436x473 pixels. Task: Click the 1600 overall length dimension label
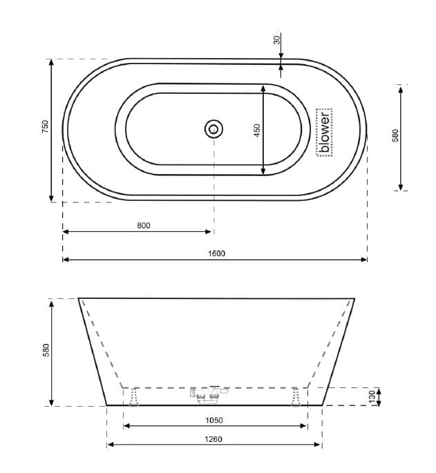[216, 253]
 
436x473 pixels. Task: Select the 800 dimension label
[144, 225]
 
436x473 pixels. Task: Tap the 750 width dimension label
[44, 127]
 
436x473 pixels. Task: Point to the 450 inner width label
[256, 130]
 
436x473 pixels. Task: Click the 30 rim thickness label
[277, 40]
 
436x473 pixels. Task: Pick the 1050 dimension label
[214, 420]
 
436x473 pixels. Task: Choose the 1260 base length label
[214, 438]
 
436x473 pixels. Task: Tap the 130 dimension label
[371, 397]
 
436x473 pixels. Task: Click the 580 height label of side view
[44, 352]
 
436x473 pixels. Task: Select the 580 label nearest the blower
[395, 135]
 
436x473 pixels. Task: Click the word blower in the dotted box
[325, 132]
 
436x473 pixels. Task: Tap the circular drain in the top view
[214, 128]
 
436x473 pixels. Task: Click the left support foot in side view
[133, 396]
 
